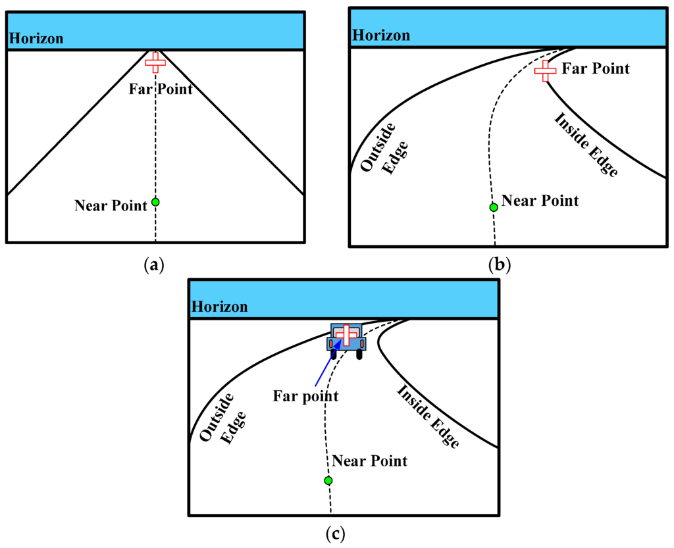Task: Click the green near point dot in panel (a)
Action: [x=155, y=202]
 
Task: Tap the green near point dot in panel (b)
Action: [x=493, y=207]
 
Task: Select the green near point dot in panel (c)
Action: [x=328, y=481]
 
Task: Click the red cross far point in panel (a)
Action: [x=155, y=62]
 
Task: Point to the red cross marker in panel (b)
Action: [x=545, y=70]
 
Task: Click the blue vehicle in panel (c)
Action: [x=346, y=341]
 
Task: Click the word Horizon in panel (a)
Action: [x=36, y=39]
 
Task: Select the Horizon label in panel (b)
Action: [x=381, y=36]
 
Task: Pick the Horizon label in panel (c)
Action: [x=220, y=307]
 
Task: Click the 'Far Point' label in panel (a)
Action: [x=161, y=89]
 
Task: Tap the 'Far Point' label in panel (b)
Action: [x=596, y=68]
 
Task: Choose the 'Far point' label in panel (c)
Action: [x=307, y=396]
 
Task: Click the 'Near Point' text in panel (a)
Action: [x=111, y=206]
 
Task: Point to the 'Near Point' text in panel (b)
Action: [x=540, y=201]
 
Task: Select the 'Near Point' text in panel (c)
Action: [x=369, y=461]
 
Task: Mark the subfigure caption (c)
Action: [x=335, y=533]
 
